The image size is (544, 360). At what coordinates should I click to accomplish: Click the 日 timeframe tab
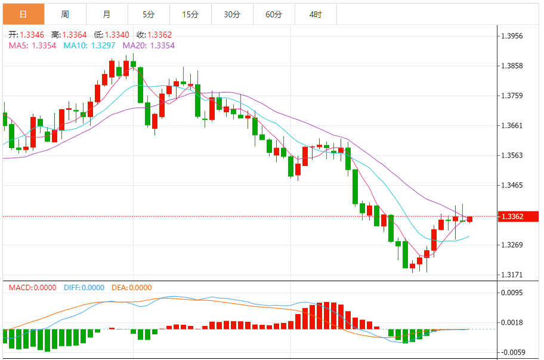click(23, 14)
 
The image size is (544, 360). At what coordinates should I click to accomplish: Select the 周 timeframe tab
click(65, 14)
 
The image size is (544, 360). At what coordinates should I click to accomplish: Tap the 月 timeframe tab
click(107, 14)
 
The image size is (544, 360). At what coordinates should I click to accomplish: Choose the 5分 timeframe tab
click(149, 14)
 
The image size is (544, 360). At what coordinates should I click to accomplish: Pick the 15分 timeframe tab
click(190, 14)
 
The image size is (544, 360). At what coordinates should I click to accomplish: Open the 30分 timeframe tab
click(232, 14)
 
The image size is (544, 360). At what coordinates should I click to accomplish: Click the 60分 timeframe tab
click(274, 14)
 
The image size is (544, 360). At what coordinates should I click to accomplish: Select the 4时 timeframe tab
click(316, 14)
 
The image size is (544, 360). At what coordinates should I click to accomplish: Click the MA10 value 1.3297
click(103, 45)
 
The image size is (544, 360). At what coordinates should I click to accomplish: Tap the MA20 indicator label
click(135, 45)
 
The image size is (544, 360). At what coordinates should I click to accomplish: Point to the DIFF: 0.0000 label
click(83, 288)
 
